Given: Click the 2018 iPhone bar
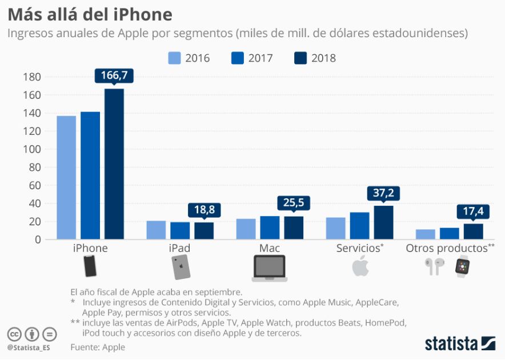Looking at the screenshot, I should click(x=114, y=164).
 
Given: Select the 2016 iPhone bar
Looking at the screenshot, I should click(x=66, y=177).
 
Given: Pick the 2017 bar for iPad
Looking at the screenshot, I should click(x=180, y=231).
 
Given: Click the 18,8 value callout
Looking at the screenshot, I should click(x=204, y=210).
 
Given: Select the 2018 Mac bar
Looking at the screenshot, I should click(x=294, y=228).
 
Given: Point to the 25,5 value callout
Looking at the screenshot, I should click(x=294, y=203).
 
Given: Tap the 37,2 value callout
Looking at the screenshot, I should click(x=383, y=193).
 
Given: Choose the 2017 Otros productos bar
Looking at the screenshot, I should click(x=449, y=234).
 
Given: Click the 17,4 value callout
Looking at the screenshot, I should click(x=473, y=211).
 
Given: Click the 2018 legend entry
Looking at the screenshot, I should click(x=314, y=58).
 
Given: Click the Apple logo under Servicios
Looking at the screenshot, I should click(x=360, y=266).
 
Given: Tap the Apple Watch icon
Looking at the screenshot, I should click(x=462, y=267).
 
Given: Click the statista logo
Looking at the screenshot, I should click(x=459, y=343).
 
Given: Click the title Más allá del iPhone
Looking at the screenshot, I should click(x=90, y=13).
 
